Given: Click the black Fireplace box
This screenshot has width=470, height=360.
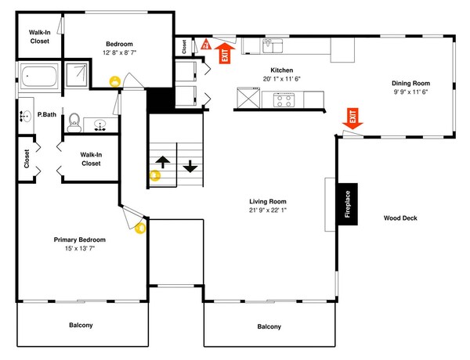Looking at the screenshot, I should [348, 205].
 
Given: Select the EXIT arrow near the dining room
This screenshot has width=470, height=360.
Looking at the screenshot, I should [352, 120].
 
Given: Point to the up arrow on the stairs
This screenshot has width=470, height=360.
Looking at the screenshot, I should [163, 162].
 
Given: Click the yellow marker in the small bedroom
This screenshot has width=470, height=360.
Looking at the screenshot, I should [116, 80].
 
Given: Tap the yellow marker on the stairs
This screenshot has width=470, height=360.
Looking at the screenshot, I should [154, 175].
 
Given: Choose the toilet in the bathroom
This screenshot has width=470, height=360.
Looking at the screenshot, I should [75, 121].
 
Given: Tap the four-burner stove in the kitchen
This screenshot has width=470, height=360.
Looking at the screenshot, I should [283, 99].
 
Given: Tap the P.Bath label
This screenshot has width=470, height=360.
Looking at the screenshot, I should [47, 115].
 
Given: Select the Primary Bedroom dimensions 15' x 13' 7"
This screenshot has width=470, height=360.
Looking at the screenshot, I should [79, 249].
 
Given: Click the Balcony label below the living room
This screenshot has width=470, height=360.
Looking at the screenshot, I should [269, 326].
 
